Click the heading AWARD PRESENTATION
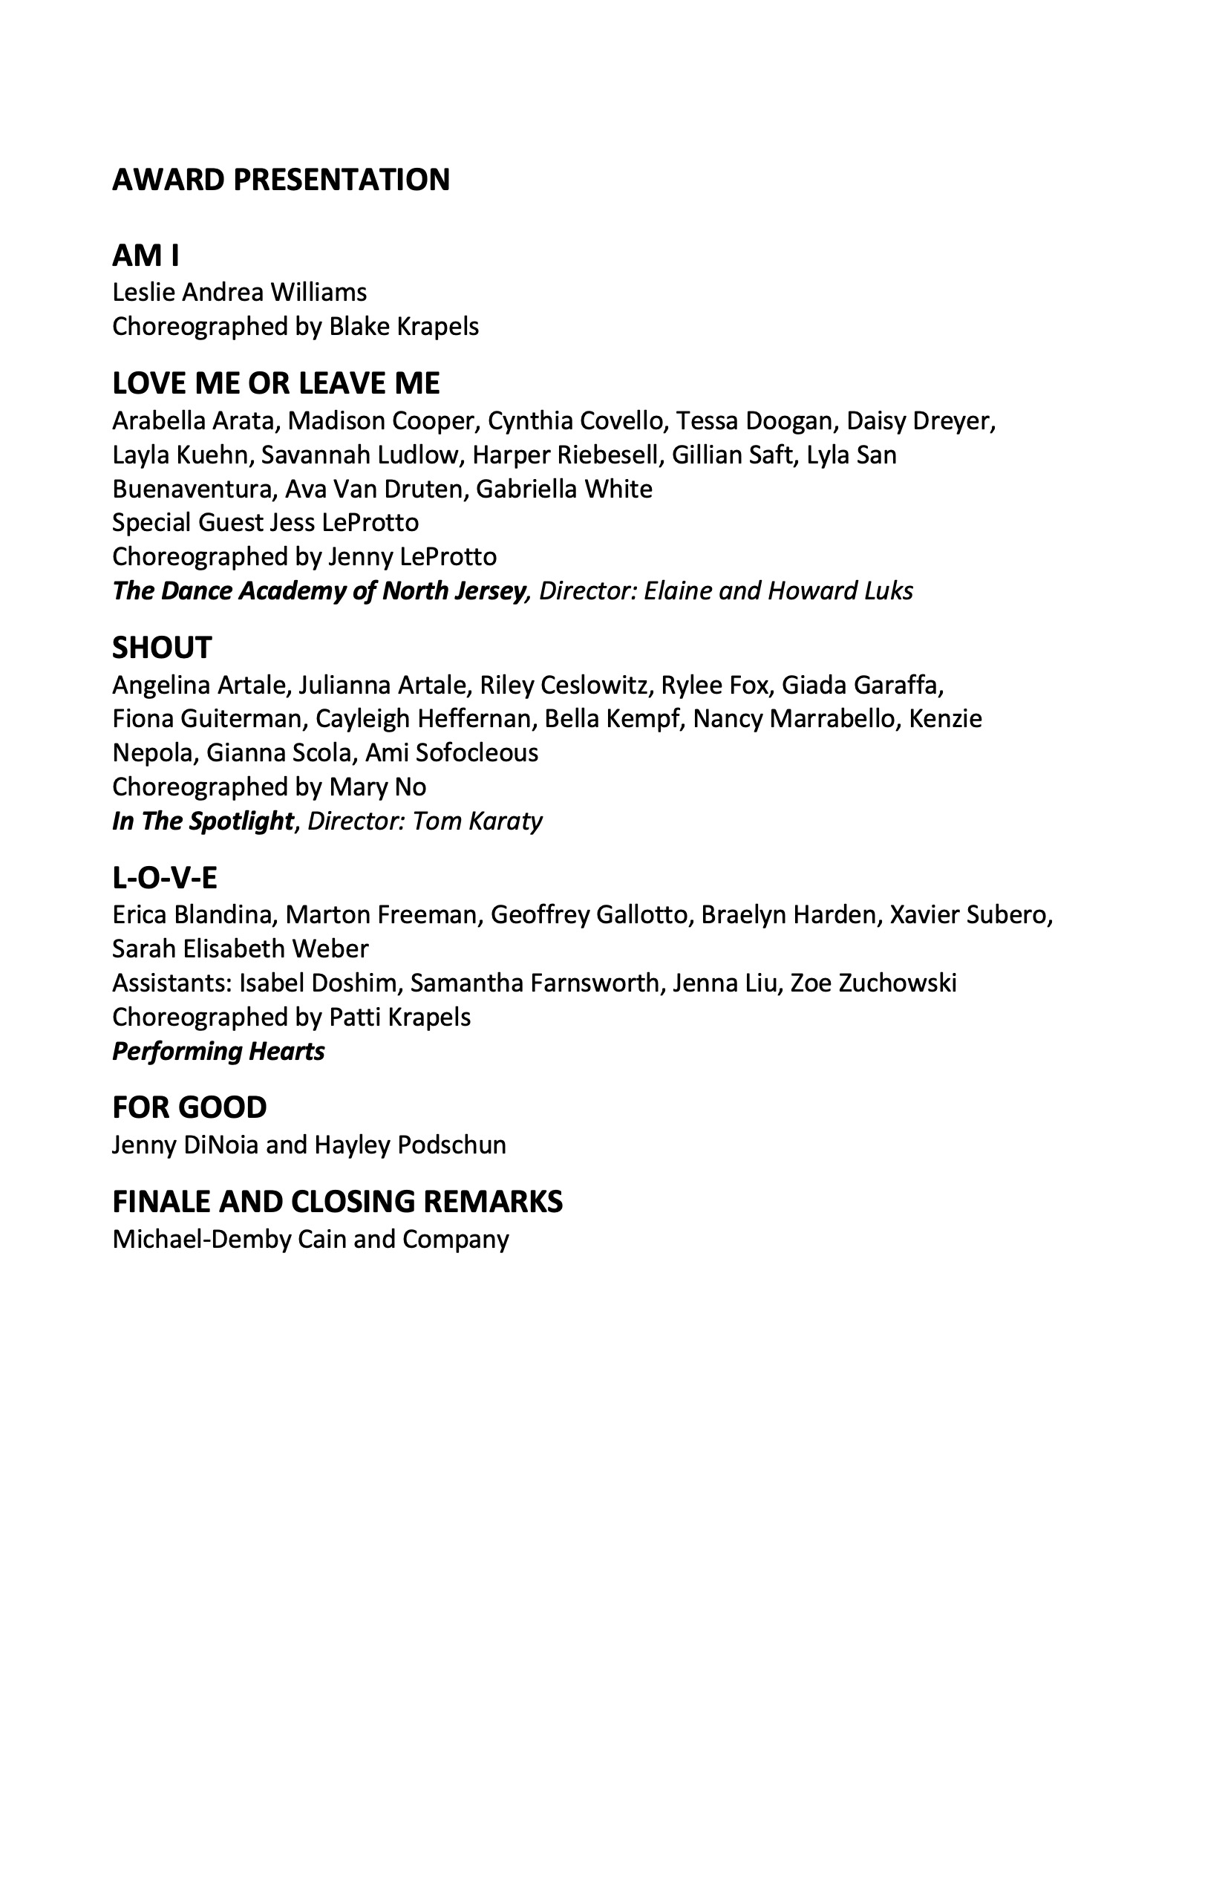tap(281, 180)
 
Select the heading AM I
tap(146, 256)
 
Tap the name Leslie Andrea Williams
tap(239, 293)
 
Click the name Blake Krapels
tap(403, 327)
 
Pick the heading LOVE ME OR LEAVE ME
tap(275, 383)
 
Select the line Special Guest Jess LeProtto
tap(265, 523)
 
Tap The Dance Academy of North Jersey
tap(320, 590)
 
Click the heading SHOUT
tap(162, 648)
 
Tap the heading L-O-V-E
tap(165, 878)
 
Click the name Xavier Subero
tap(970, 915)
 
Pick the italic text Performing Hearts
tap(218, 1051)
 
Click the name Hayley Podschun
tap(410, 1145)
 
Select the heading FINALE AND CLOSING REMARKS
tap(337, 1202)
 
